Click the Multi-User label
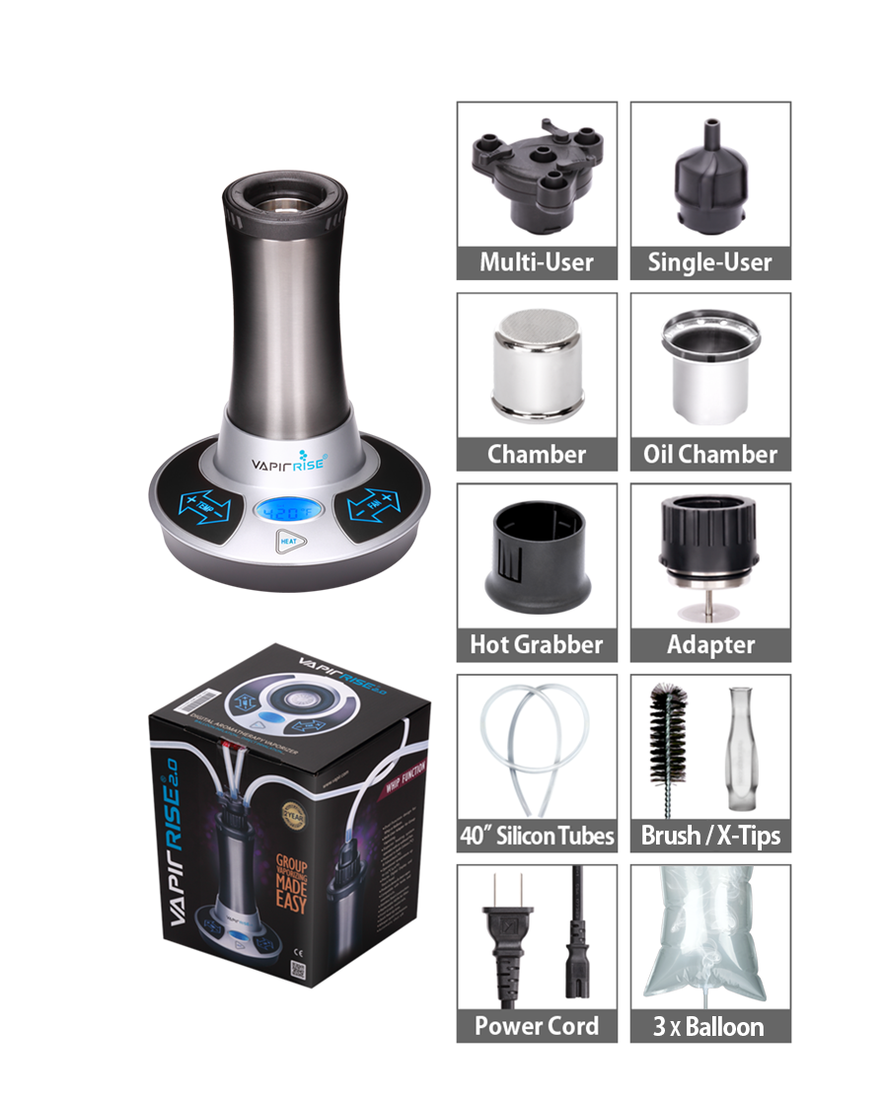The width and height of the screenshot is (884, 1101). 537,262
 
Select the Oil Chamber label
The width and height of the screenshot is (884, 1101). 710,454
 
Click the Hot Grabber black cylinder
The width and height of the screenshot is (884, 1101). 536,560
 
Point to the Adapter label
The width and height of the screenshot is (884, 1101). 710,645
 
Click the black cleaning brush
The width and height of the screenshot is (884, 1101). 668,750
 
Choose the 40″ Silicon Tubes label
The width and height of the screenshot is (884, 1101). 537,836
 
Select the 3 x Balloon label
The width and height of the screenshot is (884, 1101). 710,1026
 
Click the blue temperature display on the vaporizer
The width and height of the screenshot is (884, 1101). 286,512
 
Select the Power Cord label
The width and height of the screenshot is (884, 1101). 537,1026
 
